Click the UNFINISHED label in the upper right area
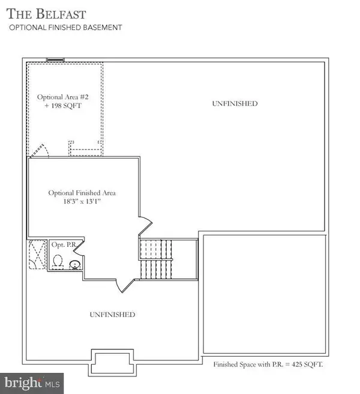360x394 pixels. click(235, 103)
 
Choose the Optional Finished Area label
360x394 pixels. click(82, 193)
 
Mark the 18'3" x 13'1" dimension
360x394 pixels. click(82, 202)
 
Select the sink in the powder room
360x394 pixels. click(74, 264)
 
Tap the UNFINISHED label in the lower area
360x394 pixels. click(112, 315)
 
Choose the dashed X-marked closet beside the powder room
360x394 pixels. click(37, 256)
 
